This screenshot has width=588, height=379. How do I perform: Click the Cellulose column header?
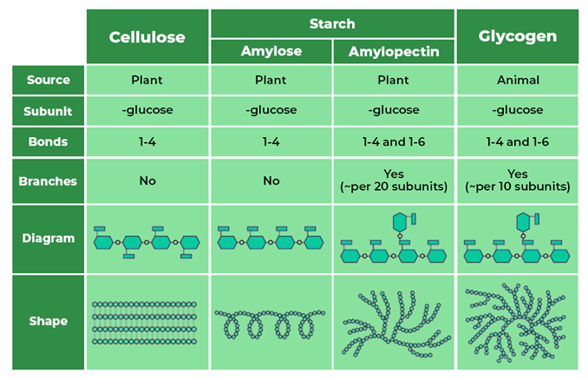click(147, 36)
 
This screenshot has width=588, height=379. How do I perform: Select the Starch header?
click(332, 23)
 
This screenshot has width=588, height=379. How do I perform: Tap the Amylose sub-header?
click(271, 51)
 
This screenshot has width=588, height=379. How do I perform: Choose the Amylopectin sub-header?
click(394, 51)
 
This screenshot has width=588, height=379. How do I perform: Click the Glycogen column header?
click(517, 36)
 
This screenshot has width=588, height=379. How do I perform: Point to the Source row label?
click(48, 80)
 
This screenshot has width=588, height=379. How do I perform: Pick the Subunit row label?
click(48, 110)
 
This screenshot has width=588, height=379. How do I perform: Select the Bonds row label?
click(48, 140)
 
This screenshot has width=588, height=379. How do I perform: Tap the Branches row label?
click(48, 181)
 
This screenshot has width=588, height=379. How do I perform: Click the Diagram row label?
click(48, 238)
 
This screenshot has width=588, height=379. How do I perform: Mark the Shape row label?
click(48, 321)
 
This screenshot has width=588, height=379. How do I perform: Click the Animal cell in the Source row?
click(517, 80)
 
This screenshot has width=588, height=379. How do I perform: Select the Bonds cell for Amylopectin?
click(394, 140)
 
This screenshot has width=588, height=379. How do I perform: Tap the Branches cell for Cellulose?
click(147, 181)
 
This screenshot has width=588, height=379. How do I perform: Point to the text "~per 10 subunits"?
click(518, 186)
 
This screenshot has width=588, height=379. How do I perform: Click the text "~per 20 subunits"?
click(395, 186)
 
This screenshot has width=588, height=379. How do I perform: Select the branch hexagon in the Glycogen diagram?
click(523, 222)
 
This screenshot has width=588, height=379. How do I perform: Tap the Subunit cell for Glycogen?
click(517, 110)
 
